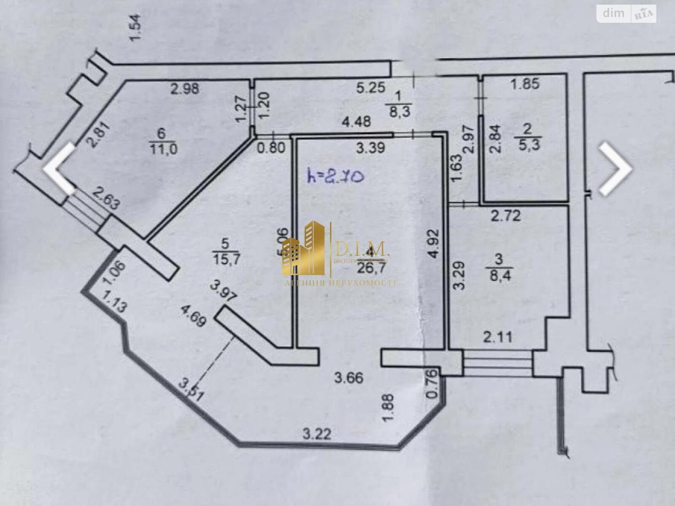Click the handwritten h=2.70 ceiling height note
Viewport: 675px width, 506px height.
pos(336,177)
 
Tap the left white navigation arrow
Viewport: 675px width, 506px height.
pos(60,169)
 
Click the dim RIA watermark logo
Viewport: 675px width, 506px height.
pos(626,13)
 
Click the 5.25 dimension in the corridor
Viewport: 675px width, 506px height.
pos(371,88)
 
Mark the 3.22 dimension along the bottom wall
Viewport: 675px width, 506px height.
pos(317,433)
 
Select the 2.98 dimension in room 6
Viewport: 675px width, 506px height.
pos(185,89)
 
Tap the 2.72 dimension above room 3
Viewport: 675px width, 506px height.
pos(505,215)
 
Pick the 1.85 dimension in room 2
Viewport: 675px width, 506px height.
pos(525,83)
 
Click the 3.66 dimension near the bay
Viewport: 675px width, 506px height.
pos(348,378)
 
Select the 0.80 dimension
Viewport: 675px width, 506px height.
pos(272,148)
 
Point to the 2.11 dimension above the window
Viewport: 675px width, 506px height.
pos(497,337)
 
